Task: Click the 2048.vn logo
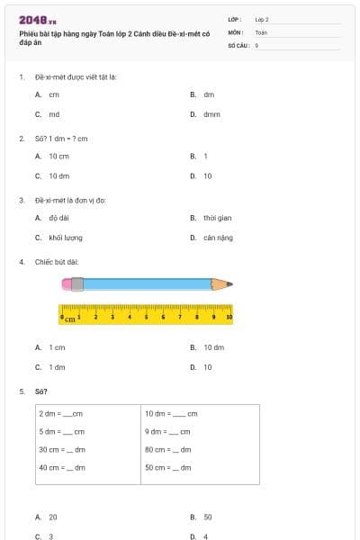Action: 38,20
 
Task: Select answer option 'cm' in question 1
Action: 54,94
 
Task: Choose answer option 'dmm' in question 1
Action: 211,114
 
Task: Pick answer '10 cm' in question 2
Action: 58,156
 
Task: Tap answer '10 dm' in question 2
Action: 59,176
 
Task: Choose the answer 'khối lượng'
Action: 66,238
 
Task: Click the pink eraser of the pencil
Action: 67,284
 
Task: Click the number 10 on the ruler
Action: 229,317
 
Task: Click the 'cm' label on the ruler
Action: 68,319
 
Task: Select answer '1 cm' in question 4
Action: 57,346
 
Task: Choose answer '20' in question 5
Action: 53,517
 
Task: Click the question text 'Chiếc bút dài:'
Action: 57,262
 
